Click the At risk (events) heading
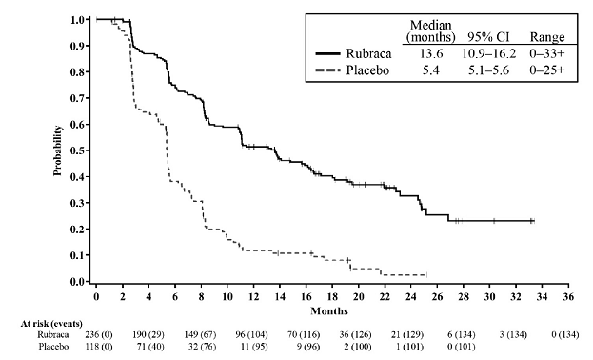point(29,325)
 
